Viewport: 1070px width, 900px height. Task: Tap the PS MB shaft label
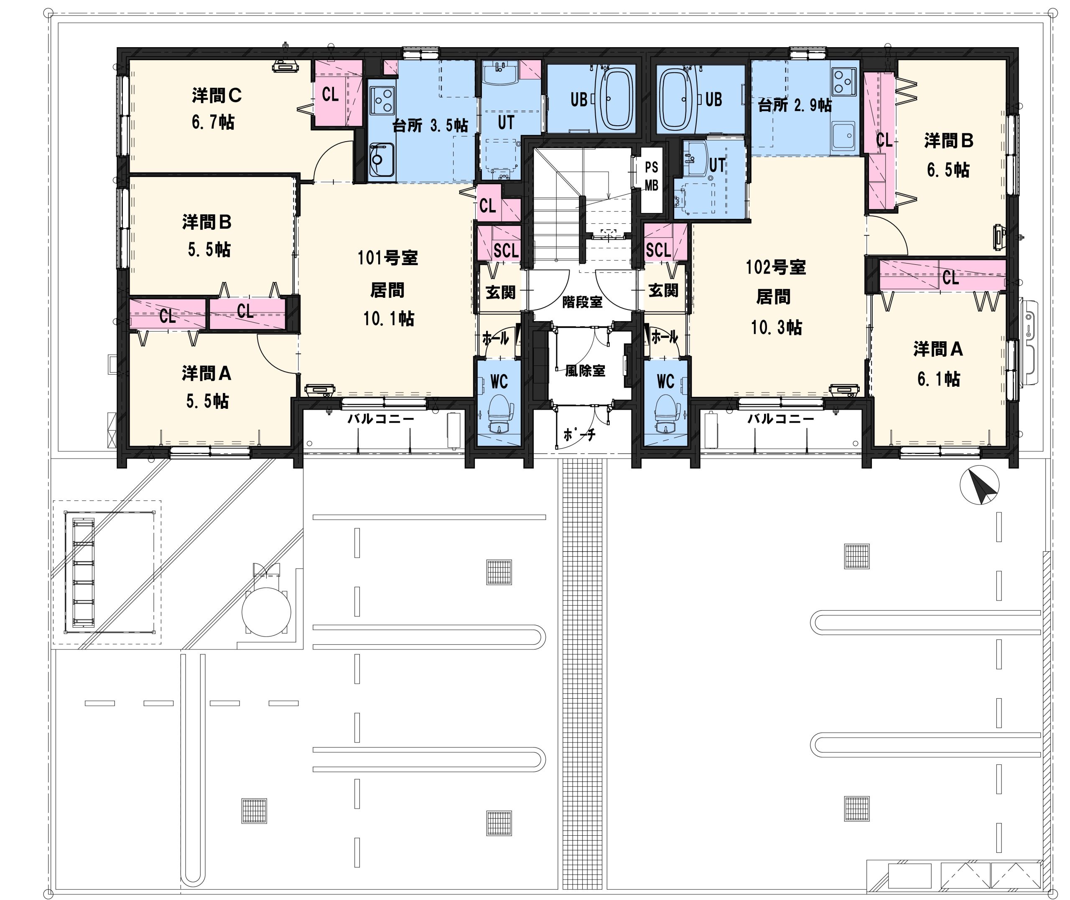651,176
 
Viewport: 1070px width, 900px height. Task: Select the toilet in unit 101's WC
498,413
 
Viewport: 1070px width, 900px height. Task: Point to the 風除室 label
585,370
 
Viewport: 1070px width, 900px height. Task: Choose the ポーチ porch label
579,434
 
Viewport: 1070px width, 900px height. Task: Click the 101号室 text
387,258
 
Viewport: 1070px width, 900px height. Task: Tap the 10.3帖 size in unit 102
776,327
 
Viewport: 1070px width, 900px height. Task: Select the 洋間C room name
217,95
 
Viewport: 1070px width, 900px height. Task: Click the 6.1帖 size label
938,379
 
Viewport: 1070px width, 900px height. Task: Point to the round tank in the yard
267,611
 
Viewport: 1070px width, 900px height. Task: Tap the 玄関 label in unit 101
500,292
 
